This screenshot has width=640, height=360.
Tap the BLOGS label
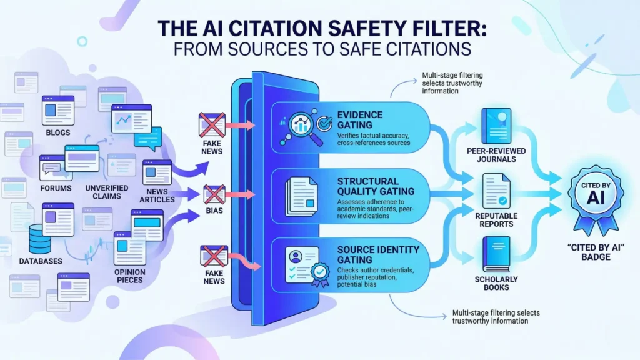[x=57, y=132]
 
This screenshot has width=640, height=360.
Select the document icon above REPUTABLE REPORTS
[x=496, y=191]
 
